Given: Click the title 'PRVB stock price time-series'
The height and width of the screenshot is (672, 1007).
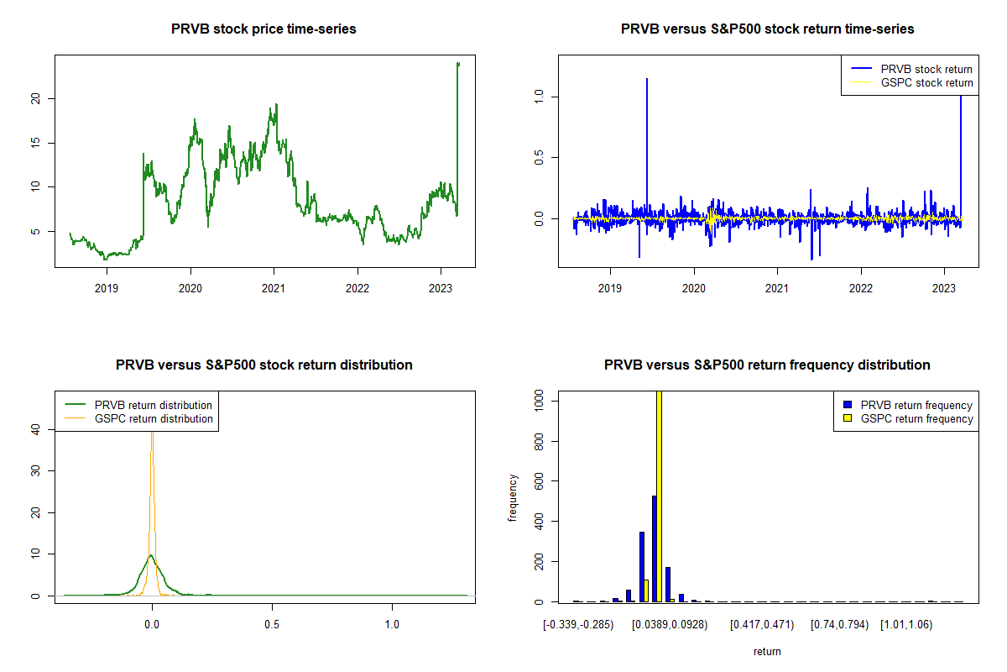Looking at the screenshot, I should [x=263, y=29].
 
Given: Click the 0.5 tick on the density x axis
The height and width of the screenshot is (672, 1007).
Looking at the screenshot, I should [x=271, y=626].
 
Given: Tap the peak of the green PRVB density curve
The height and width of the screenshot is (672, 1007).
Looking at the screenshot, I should [x=151, y=555].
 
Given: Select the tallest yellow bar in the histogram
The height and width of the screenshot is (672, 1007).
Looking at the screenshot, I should [x=659, y=496].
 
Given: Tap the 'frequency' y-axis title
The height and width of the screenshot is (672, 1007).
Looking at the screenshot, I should [x=513, y=498].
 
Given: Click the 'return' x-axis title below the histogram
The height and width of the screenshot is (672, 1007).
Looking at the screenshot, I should [x=767, y=651].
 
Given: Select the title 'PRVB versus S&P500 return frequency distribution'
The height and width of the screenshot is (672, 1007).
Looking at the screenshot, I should [x=767, y=365].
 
